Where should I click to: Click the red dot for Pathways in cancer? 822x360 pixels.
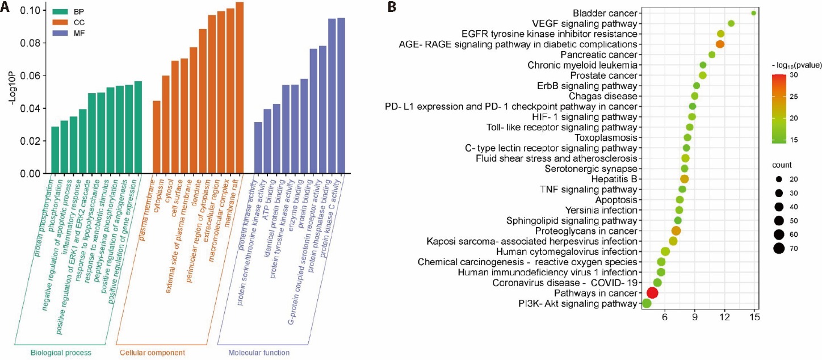(652, 292)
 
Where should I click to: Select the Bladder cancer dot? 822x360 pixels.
(753, 13)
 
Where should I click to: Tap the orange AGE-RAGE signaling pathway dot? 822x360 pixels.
(720, 44)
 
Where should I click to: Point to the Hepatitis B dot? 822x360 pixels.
(684, 179)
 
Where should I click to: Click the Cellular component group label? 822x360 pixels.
(152, 353)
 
